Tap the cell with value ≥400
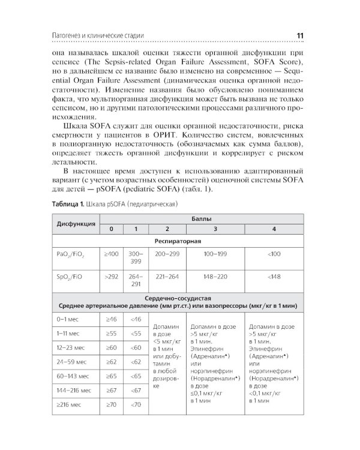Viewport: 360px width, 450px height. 112,254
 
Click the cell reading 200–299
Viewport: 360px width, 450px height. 166,254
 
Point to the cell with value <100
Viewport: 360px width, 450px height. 274,254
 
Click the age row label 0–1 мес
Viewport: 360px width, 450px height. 68,320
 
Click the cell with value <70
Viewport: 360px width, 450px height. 136,421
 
